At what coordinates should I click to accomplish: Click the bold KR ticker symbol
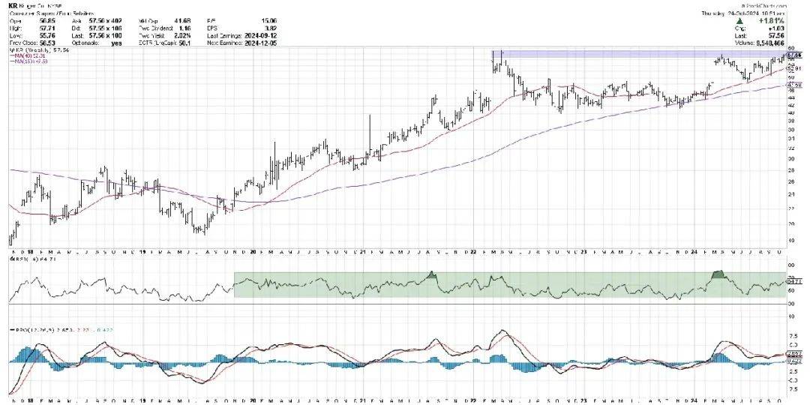pos(13,5)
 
